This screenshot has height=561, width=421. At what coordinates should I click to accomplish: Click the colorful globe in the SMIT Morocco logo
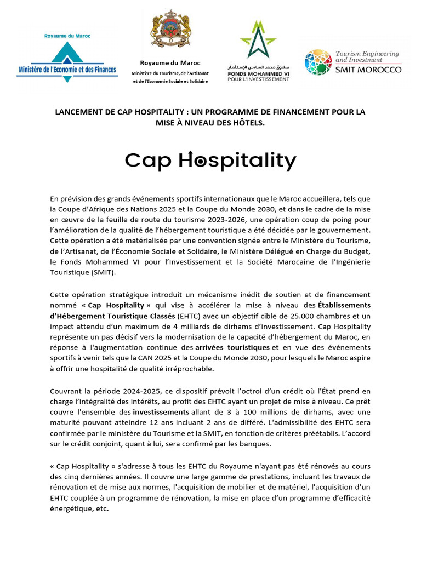tap(318, 62)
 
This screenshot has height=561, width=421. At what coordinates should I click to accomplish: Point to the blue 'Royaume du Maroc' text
tap(67, 36)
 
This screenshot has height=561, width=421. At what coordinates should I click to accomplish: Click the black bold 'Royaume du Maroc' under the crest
tap(170, 63)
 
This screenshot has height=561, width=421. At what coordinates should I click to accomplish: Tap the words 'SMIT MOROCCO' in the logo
tap(368, 70)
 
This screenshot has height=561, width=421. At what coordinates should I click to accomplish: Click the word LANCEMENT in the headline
tap(77, 112)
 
